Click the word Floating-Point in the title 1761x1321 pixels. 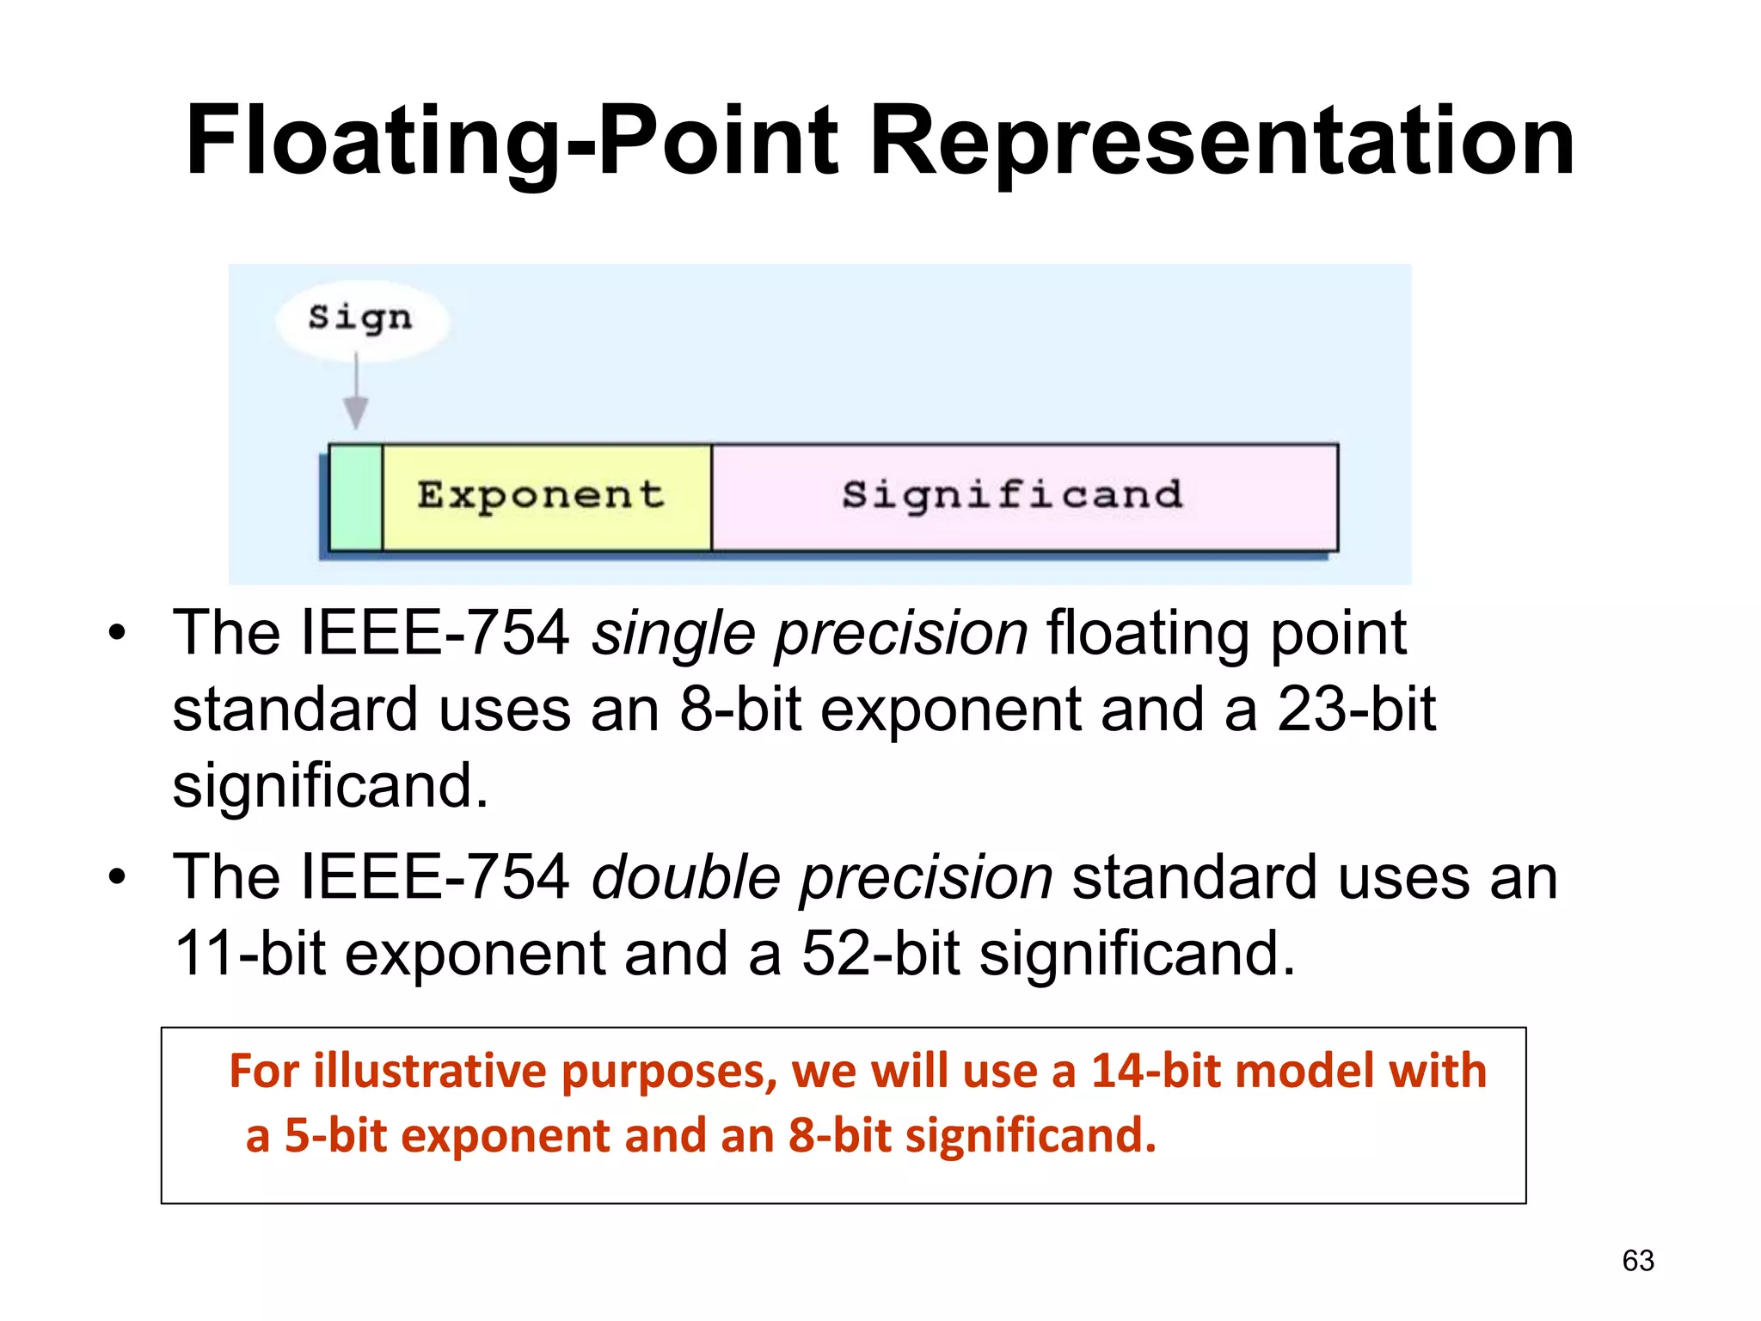[512, 140]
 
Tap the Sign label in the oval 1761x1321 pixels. [360, 317]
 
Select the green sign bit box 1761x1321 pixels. [356, 497]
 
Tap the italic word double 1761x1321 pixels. [685, 879]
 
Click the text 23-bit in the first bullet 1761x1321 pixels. [1355, 710]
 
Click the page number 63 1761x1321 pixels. [1637, 1261]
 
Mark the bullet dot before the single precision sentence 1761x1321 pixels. [117, 635]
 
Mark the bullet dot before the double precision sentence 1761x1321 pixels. [117, 879]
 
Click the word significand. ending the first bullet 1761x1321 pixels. [330, 786]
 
